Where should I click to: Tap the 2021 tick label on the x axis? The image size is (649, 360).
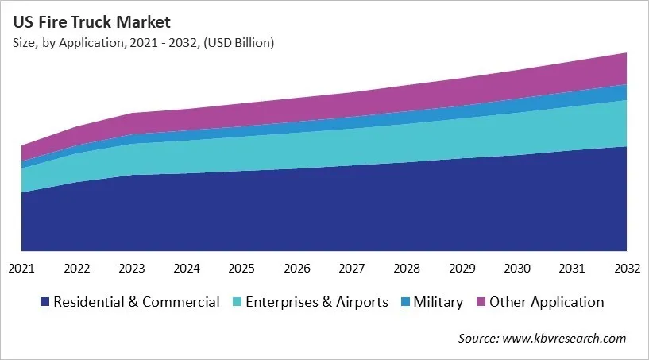(21, 269)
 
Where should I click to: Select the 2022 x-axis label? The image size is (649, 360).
(77, 269)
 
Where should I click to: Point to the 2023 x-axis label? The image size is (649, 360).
(132, 269)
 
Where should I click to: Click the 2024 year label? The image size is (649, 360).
(187, 269)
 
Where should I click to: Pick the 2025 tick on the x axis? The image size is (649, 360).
(241, 269)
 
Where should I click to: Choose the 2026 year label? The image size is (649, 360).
(297, 269)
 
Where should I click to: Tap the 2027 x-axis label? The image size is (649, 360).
(352, 269)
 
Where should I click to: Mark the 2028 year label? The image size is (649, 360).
(407, 269)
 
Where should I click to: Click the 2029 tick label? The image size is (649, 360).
(462, 269)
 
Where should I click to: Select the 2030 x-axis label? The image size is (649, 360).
(517, 269)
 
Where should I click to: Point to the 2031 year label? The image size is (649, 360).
(572, 269)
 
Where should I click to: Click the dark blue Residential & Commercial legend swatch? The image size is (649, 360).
(45, 302)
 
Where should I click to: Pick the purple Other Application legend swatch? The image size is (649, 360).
(481, 302)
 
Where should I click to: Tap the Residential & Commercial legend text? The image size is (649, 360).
(136, 302)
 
